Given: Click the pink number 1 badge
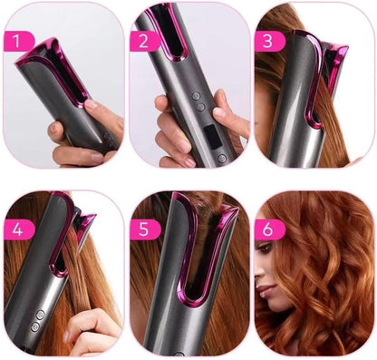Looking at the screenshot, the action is coord(18,41).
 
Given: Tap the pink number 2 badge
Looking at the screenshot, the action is coord(144,41).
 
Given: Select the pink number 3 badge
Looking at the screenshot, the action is coord(269,41).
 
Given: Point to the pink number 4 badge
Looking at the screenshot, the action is coord(19,229).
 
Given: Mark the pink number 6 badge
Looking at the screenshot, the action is coord(269,229).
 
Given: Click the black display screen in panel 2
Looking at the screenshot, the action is coord(212,138).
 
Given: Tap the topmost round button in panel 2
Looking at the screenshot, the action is coord(197,96).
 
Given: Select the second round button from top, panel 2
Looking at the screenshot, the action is coord(199,107).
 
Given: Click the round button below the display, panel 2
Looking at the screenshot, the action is coord(222,158).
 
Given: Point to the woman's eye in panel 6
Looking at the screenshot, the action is coord(266,249).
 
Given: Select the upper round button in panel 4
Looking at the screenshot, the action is coord(40,315).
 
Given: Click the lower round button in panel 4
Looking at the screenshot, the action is coord(35,326).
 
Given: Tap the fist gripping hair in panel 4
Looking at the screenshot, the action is coord(92,331).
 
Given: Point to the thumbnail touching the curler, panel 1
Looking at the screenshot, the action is coord(91,104).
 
